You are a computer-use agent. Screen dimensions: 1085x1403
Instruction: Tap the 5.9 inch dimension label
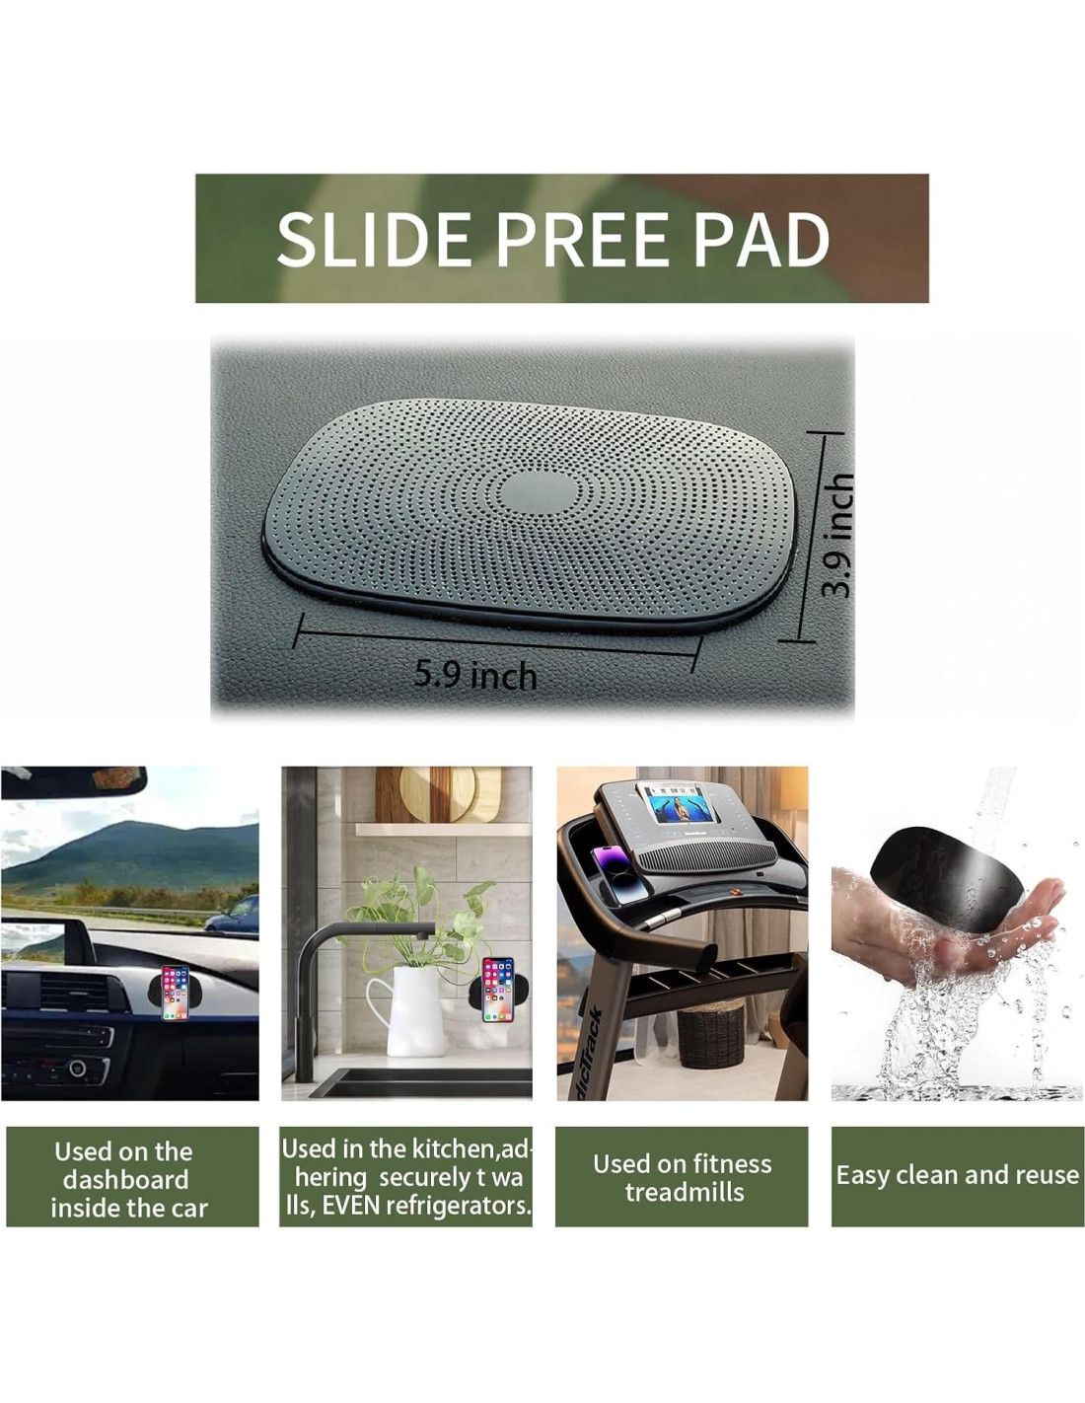click(475, 675)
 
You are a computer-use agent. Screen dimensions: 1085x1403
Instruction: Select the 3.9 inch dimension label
click(837, 535)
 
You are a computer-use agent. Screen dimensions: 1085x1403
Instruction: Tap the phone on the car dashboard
click(175, 993)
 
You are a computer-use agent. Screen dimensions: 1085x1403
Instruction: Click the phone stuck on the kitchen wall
click(498, 990)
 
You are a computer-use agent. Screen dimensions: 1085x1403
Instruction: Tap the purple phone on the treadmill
click(620, 875)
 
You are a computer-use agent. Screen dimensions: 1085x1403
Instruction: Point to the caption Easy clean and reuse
click(957, 1175)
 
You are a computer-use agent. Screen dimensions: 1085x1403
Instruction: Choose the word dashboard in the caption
click(126, 1180)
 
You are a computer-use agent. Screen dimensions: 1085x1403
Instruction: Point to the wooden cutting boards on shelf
click(440, 794)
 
